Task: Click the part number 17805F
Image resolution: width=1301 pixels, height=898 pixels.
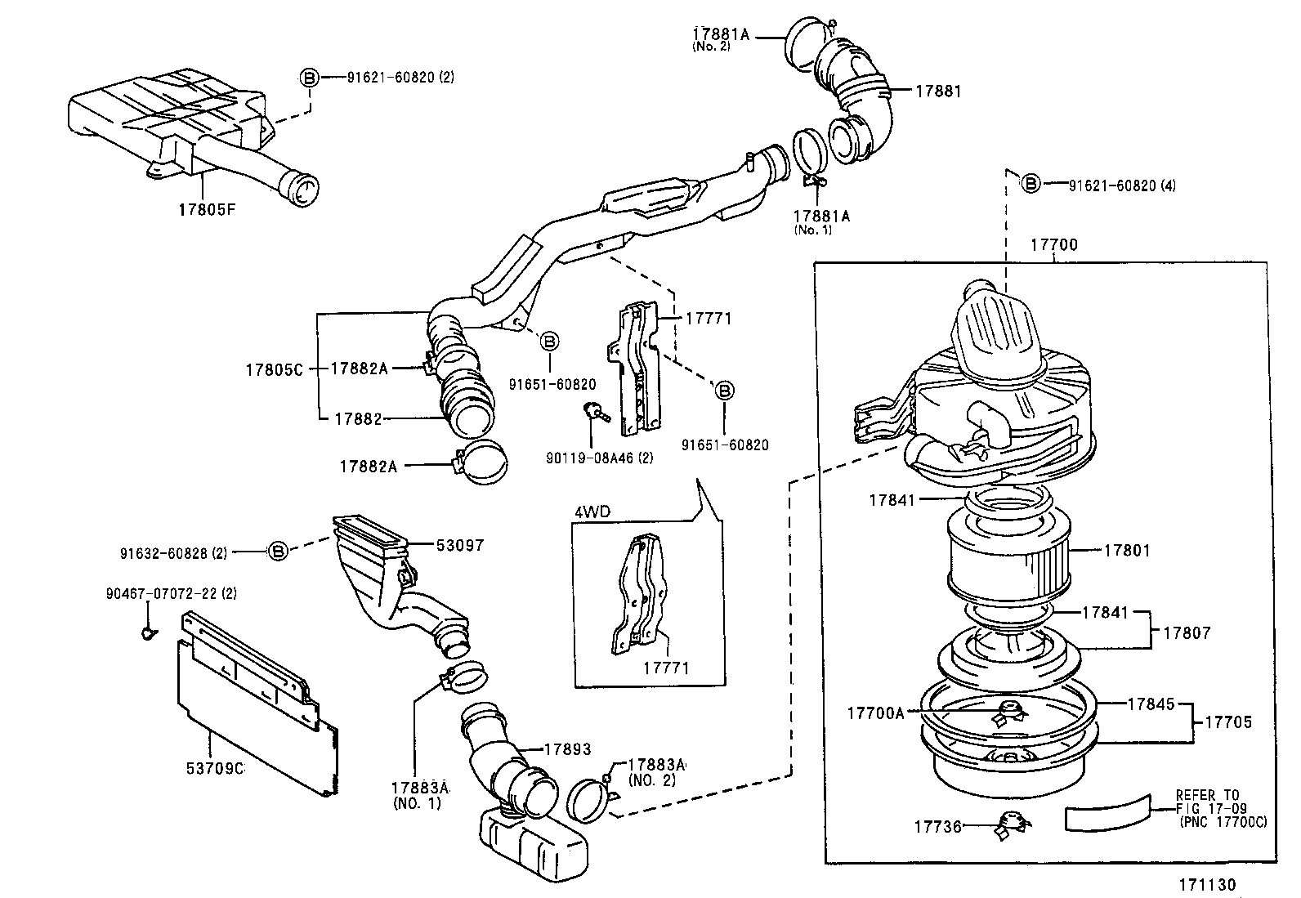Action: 207,209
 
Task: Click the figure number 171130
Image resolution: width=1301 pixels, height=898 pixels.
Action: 1207,884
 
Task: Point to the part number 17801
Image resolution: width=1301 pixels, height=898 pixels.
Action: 1126,551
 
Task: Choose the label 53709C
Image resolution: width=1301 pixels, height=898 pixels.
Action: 214,768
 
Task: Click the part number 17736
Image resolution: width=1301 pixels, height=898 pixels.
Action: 937,827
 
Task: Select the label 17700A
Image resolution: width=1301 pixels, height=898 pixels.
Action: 875,713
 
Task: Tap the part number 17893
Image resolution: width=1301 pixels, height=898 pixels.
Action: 567,749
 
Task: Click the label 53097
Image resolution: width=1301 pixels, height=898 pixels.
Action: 459,545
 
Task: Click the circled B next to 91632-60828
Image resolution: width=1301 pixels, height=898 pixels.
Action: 279,552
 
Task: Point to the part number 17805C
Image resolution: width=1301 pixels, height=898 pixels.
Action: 274,369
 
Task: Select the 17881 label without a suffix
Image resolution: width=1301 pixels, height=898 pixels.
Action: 937,92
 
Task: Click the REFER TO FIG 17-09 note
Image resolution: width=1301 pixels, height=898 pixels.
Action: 1221,808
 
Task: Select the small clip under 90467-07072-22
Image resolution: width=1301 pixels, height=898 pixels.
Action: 147,631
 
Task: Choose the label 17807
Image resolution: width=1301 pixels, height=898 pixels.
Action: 1187,632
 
